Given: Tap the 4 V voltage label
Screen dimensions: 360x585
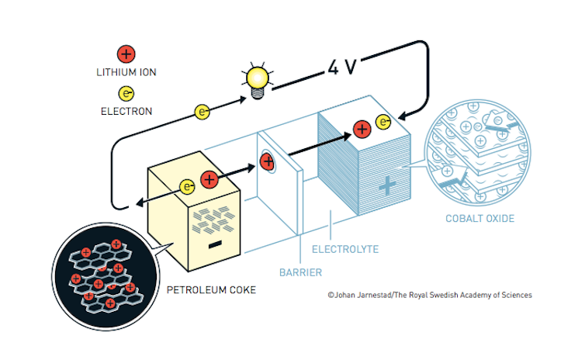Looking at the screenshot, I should tap(341, 67).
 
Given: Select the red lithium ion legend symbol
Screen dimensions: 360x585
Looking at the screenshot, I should tap(125, 54).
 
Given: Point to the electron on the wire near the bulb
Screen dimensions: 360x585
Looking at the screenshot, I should tap(202, 112).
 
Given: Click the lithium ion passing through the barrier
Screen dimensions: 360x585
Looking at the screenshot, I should tap(267, 161).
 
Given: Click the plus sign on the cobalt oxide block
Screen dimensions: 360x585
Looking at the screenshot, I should tap(386, 185).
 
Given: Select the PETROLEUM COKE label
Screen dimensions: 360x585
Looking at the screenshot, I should tap(211, 291).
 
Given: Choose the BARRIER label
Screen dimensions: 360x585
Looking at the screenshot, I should tap(300, 273).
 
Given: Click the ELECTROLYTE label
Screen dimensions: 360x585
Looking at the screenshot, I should tap(344, 250).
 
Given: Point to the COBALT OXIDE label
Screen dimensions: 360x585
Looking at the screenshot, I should tap(479, 219).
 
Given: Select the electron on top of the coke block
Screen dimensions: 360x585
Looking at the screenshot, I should tap(187, 186).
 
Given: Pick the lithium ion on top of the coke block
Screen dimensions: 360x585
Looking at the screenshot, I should tap(209, 180).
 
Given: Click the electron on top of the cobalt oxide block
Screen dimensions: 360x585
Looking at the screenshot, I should tap(383, 122).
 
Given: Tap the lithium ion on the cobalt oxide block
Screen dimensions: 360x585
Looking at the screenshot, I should tap(361, 129).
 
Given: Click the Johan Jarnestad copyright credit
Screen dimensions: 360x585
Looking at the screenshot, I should tap(430, 295).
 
